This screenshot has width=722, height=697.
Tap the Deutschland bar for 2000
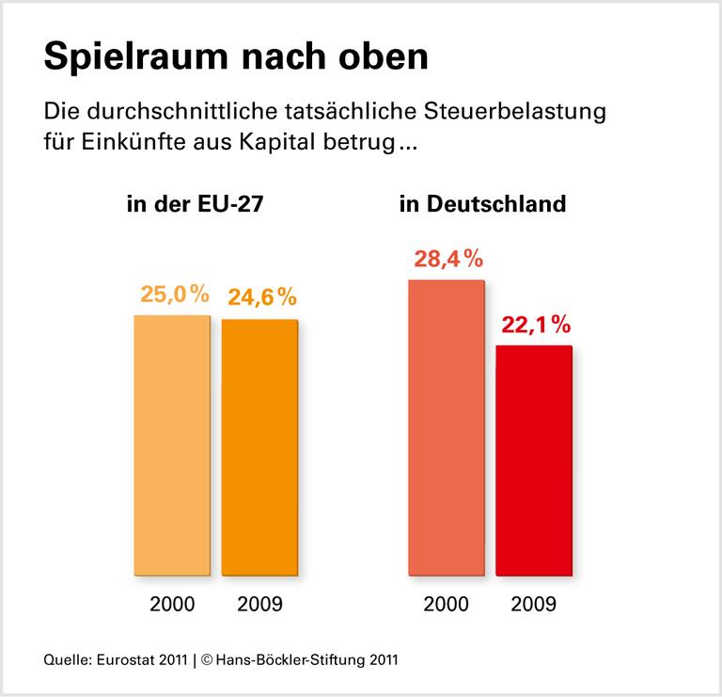pyautogui.click(x=447, y=427)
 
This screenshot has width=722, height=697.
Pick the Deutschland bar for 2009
pyautogui.click(x=533, y=460)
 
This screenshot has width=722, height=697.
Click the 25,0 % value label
pyautogui.click(x=173, y=294)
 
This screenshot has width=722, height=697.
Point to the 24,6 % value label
pyautogui.click(x=261, y=297)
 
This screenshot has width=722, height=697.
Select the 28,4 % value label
pyautogui.click(x=448, y=259)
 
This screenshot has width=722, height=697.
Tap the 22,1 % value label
pyautogui.click(x=536, y=325)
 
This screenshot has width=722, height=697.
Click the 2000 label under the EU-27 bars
pyautogui.click(x=173, y=603)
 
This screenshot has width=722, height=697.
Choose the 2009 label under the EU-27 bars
pyautogui.click(x=260, y=603)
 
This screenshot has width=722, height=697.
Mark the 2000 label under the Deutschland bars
pyautogui.click(x=447, y=603)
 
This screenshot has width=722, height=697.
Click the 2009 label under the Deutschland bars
pyautogui.click(x=533, y=603)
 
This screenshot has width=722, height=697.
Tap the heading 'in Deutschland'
pyautogui.click(x=482, y=203)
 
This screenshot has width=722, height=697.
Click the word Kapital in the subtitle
pyautogui.click(x=278, y=146)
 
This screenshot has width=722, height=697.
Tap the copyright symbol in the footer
pyautogui.click(x=209, y=659)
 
